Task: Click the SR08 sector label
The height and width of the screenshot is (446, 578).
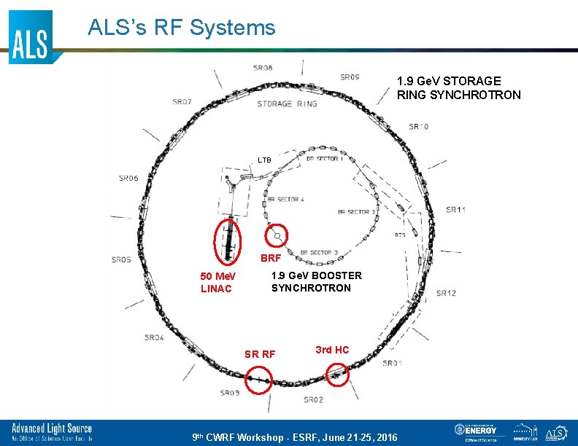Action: click(x=263, y=69)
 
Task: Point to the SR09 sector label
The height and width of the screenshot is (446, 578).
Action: click(x=350, y=77)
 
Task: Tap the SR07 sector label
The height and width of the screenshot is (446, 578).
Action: click(x=182, y=102)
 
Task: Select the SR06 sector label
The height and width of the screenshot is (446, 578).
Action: click(x=128, y=178)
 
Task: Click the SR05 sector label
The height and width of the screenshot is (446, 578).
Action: click(x=121, y=259)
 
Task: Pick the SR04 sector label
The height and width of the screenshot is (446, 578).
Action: click(x=154, y=337)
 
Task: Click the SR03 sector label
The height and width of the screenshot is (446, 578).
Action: click(x=230, y=394)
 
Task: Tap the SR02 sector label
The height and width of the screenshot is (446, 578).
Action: click(x=314, y=399)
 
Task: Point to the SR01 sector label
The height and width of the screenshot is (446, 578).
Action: click(x=392, y=363)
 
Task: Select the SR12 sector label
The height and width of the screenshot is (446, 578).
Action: click(x=446, y=293)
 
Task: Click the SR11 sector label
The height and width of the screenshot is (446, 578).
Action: click(x=456, y=210)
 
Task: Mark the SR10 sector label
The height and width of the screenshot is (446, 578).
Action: click(x=419, y=127)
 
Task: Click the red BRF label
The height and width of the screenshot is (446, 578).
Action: click(x=271, y=258)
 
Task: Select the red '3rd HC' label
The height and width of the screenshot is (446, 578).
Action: click(x=332, y=350)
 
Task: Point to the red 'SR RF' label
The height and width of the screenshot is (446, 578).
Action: click(x=260, y=354)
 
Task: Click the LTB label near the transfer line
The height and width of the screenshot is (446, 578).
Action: click(x=264, y=160)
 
